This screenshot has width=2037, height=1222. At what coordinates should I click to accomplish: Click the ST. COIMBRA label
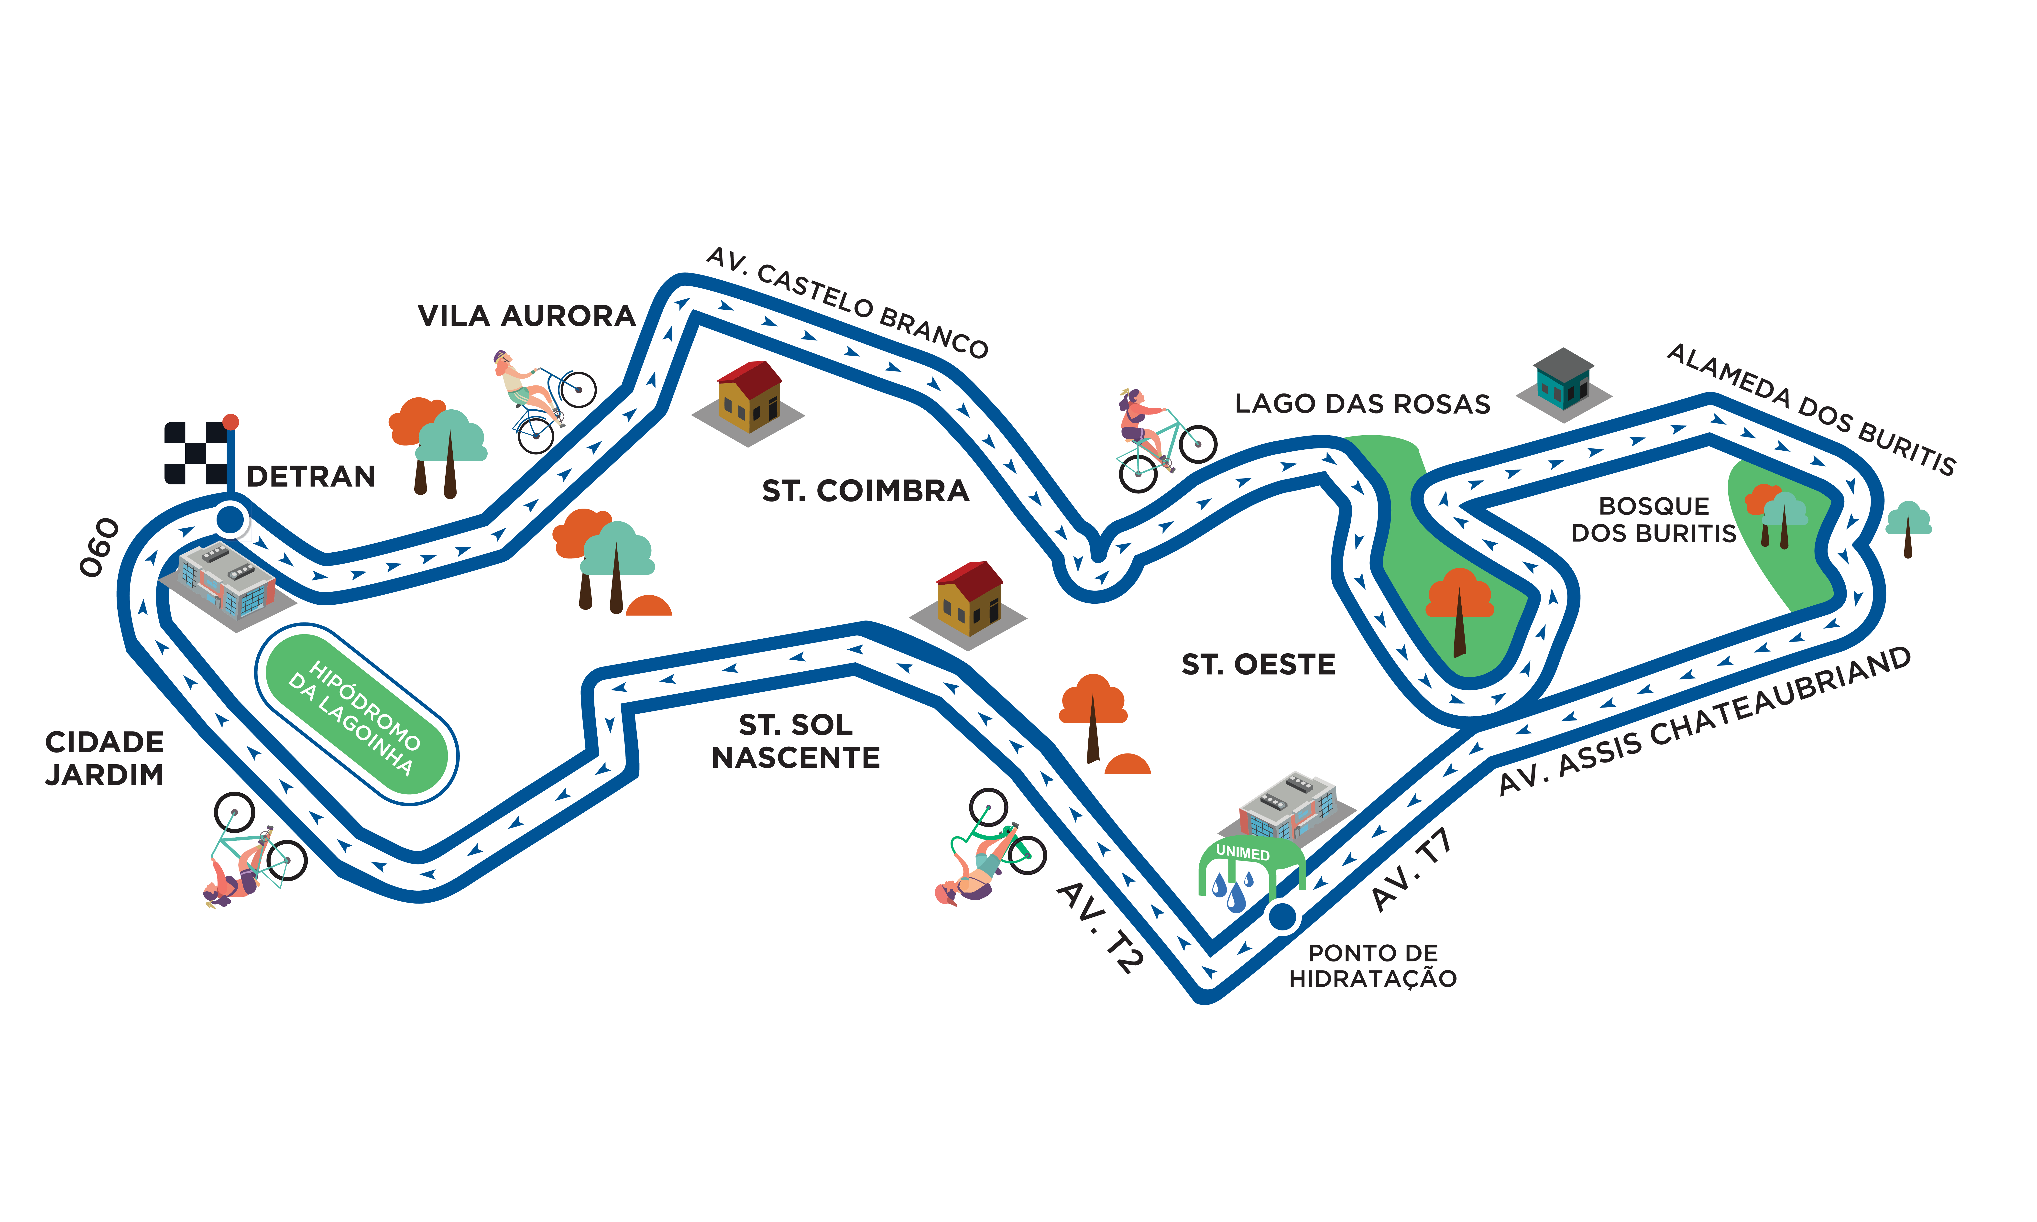[x=865, y=491]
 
